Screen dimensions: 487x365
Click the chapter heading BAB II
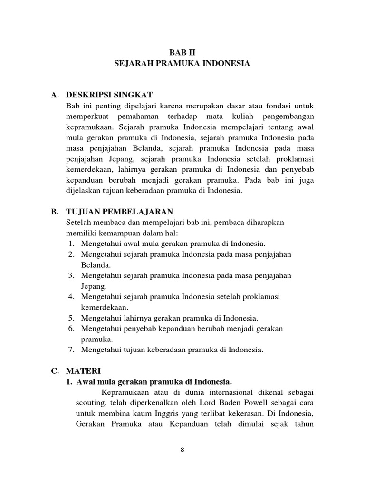coord(182,53)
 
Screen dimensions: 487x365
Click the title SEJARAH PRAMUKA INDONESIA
coord(182,63)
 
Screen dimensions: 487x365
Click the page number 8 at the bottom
coord(182,452)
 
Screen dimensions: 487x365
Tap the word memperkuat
coord(85,116)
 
